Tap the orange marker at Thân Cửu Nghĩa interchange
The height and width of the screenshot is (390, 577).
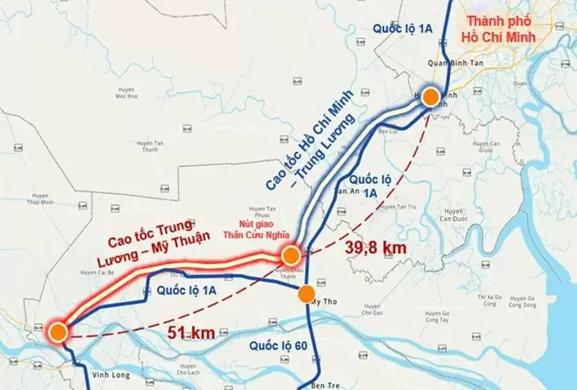(290, 256)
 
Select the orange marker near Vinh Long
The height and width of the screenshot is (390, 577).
(58, 332)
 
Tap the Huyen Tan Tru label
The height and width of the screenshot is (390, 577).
(399, 206)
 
